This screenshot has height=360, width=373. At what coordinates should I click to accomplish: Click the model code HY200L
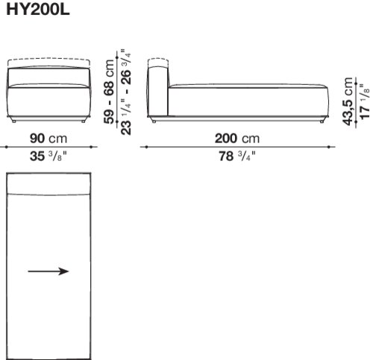point(38,10)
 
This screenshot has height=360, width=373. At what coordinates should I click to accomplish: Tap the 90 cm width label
point(48,138)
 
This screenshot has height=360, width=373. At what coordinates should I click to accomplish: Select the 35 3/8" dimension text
point(48,157)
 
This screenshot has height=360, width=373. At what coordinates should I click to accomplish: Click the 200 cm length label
point(237,138)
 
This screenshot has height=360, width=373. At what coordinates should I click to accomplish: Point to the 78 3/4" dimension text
point(237,157)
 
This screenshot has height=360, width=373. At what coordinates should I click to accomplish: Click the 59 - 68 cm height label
point(109,92)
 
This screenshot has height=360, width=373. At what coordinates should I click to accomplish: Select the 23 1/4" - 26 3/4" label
point(126,92)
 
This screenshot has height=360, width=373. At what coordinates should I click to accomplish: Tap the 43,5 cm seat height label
point(348,101)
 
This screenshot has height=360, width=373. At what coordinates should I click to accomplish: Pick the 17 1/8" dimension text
point(365,101)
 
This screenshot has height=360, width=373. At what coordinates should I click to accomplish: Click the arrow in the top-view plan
point(48,271)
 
